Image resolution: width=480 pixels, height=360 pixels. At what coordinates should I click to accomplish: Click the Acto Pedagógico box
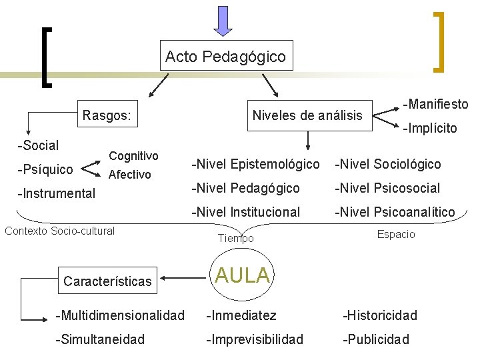pos(225,57)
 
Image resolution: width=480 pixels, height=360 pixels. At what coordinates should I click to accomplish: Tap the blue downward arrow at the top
pos(223,19)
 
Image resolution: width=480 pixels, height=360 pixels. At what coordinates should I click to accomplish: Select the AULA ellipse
pos(242,275)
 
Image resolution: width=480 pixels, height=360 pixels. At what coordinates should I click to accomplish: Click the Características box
pos(107,281)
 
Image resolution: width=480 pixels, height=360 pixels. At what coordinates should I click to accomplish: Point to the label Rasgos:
pos(106,116)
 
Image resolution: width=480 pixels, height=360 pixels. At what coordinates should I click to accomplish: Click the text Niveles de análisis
pos(307,116)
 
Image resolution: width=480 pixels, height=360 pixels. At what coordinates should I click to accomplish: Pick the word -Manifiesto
pos(435,104)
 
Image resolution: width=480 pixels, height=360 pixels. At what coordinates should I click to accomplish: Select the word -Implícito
pos(429,128)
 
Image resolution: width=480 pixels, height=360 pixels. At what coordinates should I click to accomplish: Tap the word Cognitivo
pos(133,155)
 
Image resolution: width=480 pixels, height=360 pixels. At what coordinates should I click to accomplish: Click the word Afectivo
pos(130,175)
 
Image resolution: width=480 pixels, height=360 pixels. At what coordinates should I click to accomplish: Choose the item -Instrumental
pos(56,194)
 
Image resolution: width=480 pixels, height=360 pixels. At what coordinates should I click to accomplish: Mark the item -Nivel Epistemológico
pos(255,164)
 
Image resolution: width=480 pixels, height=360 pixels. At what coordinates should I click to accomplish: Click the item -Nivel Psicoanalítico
pos(395,212)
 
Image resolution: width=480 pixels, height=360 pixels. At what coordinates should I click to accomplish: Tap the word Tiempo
pos(236,238)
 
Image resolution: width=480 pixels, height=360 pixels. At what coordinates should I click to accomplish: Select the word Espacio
pos(396,234)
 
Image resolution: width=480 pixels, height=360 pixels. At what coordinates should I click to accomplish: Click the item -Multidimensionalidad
pos(120,315)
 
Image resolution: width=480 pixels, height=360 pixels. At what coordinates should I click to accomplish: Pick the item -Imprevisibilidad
pos(255,339)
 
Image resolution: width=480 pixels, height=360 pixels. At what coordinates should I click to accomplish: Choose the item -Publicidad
pos(376,339)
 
